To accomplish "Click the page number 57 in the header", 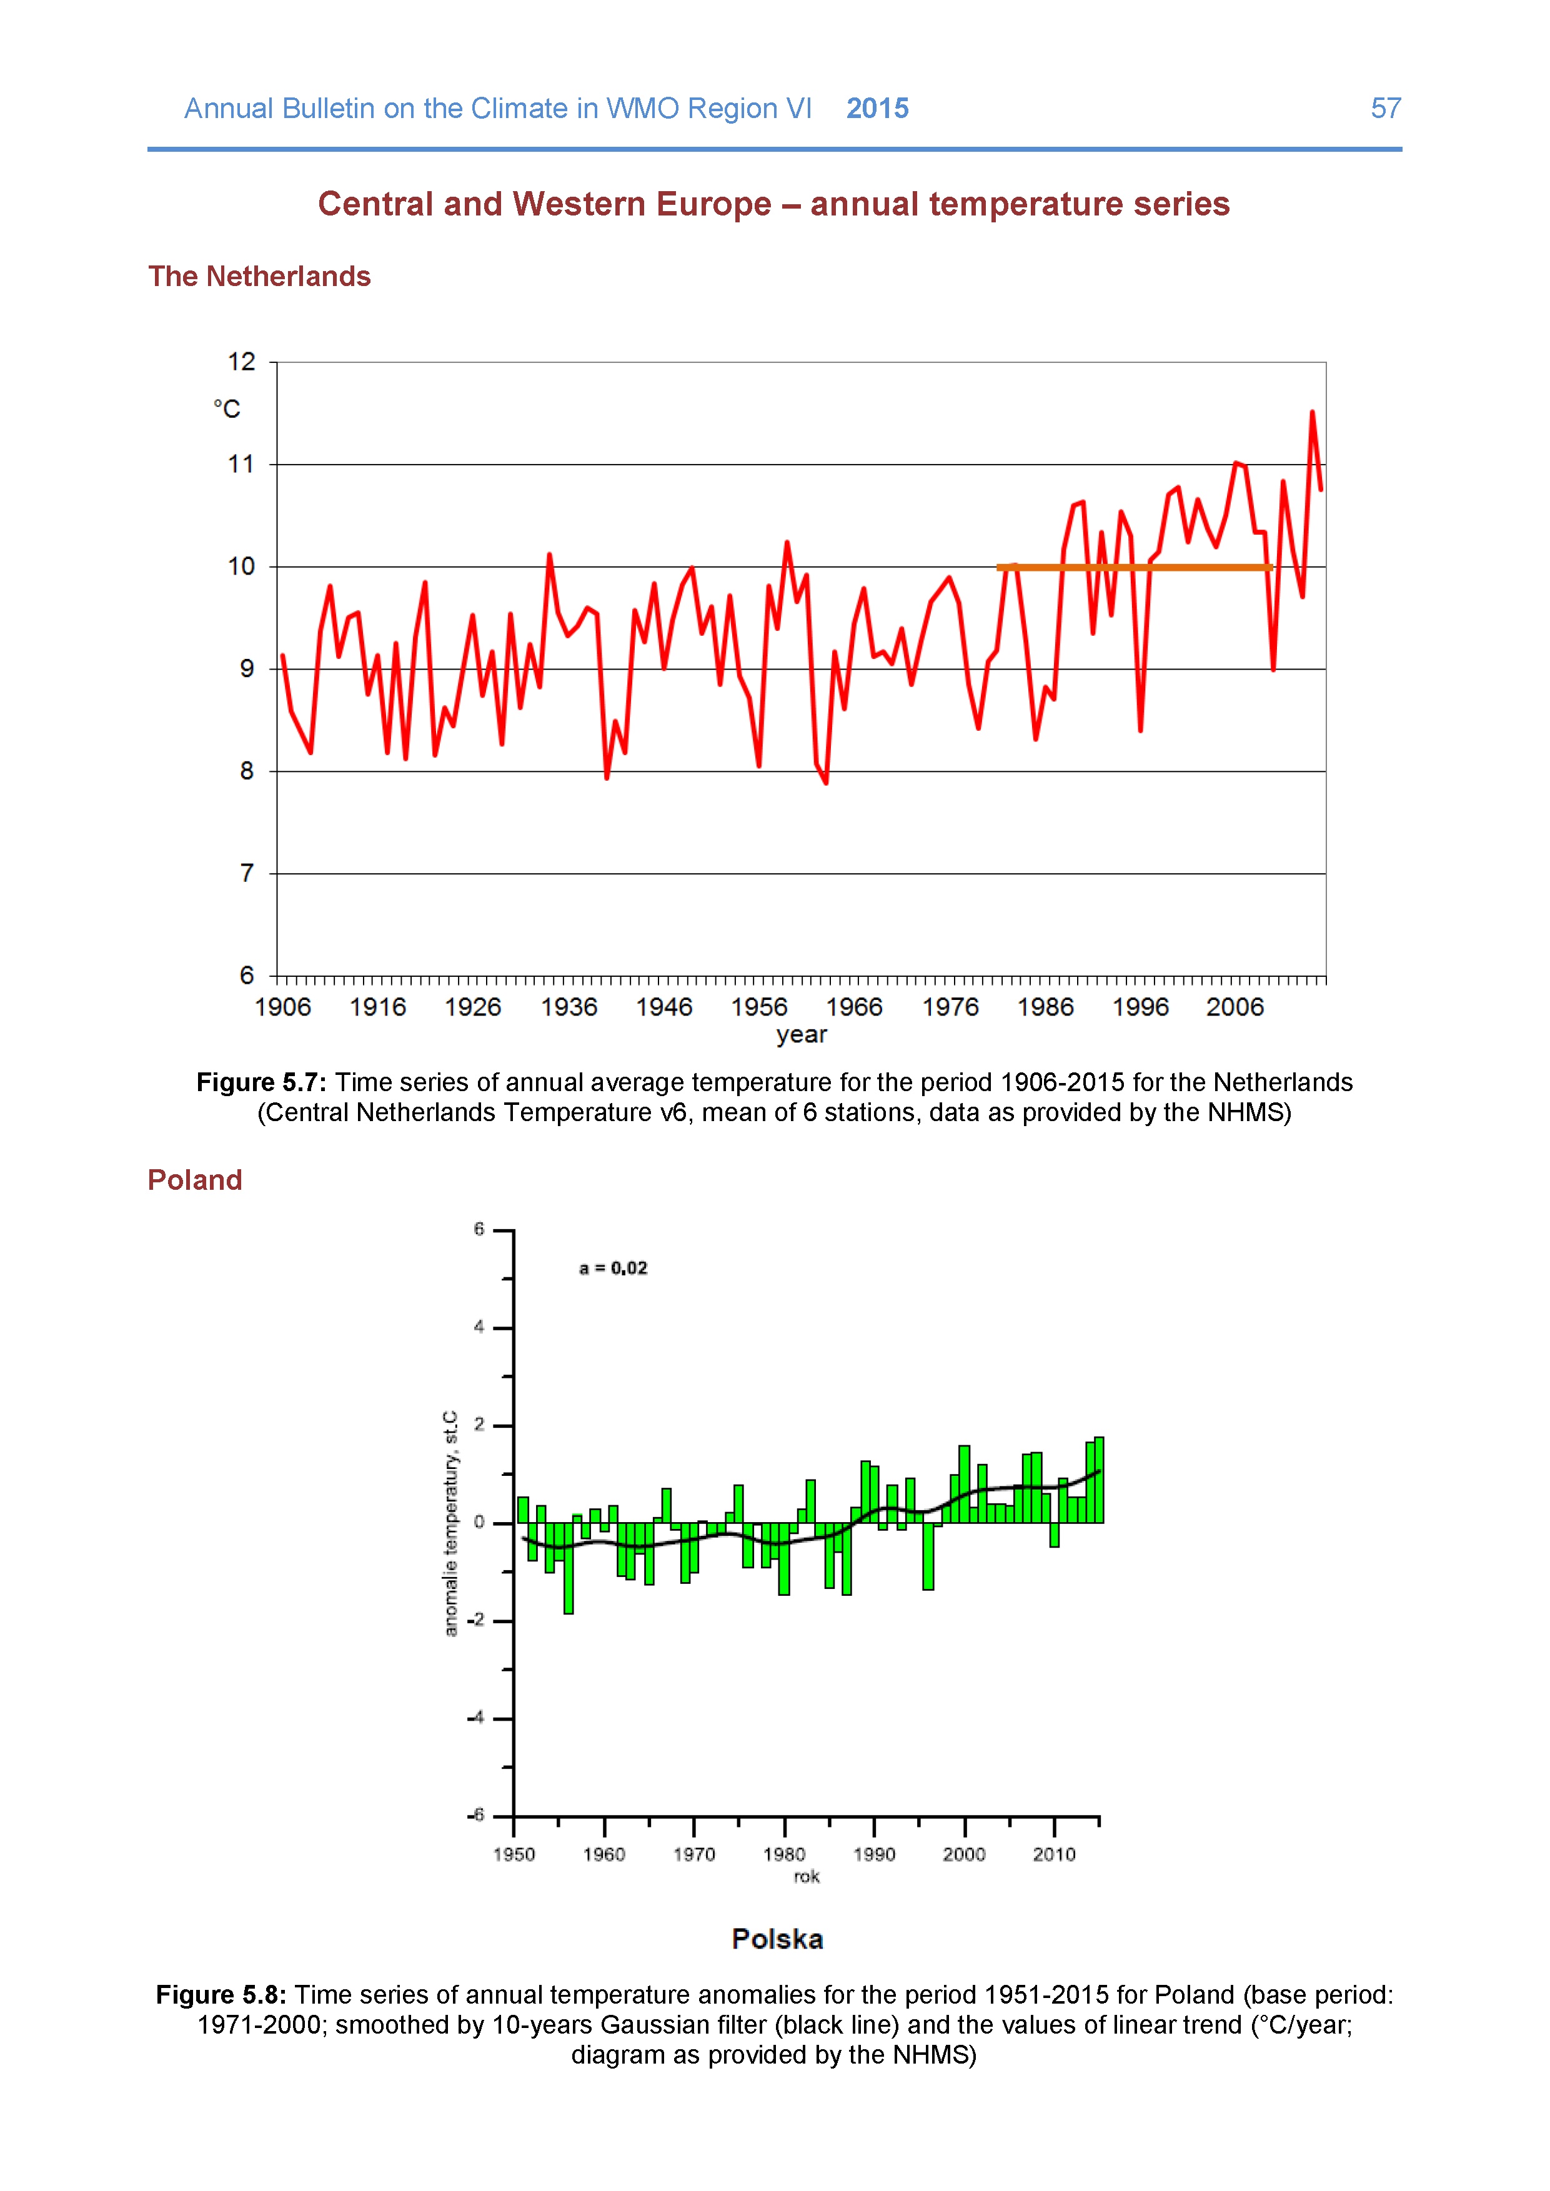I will click(x=1385, y=108).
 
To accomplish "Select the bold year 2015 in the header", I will click(x=877, y=109).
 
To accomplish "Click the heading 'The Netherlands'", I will click(x=259, y=277).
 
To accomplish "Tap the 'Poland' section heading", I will click(x=195, y=1180).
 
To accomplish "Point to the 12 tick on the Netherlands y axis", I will click(x=242, y=362).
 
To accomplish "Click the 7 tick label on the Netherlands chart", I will click(x=247, y=873).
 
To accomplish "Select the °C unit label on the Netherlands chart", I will click(x=227, y=409).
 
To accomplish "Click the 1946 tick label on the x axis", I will click(x=663, y=1007).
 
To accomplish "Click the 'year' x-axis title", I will click(x=801, y=1034).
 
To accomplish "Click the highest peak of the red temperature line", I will click(x=1313, y=413).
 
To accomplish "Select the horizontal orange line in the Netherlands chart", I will click(x=1134, y=568).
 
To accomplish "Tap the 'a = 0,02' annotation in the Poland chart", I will click(x=613, y=1269).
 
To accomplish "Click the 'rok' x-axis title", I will click(x=807, y=1877).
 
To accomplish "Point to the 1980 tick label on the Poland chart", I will click(x=783, y=1854).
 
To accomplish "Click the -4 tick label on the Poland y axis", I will click(x=476, y=1718).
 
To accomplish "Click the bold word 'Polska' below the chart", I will click(x=777, y=1940).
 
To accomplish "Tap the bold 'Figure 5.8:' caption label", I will click(x=221, y=1996).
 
